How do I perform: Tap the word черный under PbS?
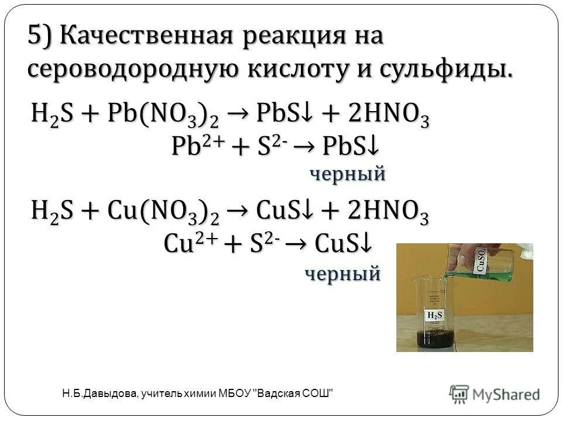coord(347,173)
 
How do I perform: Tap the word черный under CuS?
coord(342,272)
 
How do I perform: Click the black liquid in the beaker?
coord(434,340)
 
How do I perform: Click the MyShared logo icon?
coord(460,394)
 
